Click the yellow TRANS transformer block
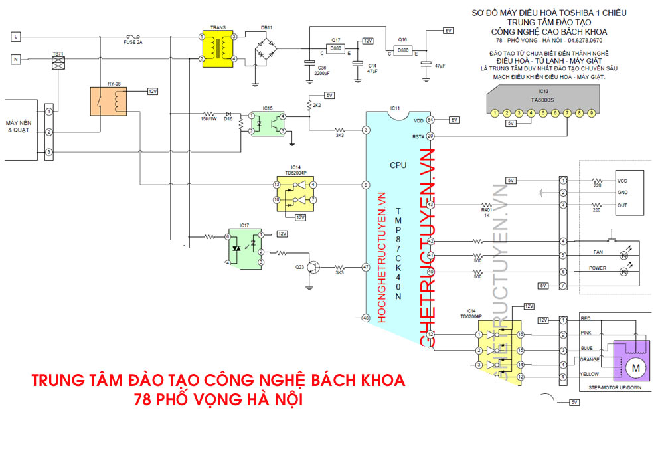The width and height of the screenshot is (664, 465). (x=218, y=48)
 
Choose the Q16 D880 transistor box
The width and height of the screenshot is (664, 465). (x=402, y=50)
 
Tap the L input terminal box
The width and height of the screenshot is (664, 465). (x=15, y=37)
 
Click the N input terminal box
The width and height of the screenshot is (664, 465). (x=15, y=60)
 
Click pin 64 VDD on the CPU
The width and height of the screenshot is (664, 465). (x=430, y=120)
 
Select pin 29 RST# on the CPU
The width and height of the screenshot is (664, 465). (x=430, y=136)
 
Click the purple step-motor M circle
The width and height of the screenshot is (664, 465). (x=634, y=367)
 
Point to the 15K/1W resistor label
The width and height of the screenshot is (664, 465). (x=208, y=120)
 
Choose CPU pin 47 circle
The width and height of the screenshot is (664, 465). (x=365, y=267)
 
